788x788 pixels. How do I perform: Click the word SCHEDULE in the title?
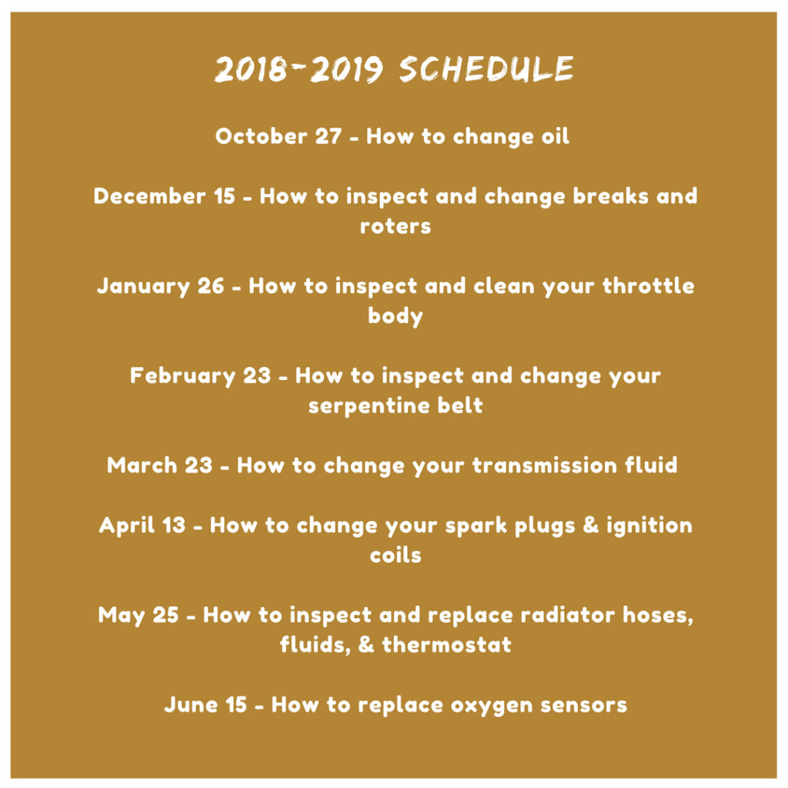(x=486, y=68)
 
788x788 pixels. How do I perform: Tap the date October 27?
(x=279, y=136)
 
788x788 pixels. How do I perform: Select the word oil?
(x=556, y=136)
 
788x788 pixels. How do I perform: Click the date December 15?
(x=165, y=196)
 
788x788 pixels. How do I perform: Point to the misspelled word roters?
(x=396, y=226)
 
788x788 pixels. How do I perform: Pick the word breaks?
(x=610, y=196)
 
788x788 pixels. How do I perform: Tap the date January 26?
(x=160, y=286)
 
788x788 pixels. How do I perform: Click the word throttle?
(x=648, y=285)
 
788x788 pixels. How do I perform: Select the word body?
(x=396, y=316)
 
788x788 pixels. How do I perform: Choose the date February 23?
(x=201, y=376)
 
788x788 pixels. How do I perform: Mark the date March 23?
(x=160, y=466)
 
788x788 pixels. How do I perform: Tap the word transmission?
(x=545, y=466)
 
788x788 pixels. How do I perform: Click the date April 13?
(x=142, y=526)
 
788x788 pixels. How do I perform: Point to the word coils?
(x=396, y=556)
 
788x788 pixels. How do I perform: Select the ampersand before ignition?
(x=590, y=525)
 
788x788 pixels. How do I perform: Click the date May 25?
(x=139, y=615)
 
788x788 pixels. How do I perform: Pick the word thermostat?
(x=447, y=645)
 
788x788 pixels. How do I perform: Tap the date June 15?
(x=205, y=705)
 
